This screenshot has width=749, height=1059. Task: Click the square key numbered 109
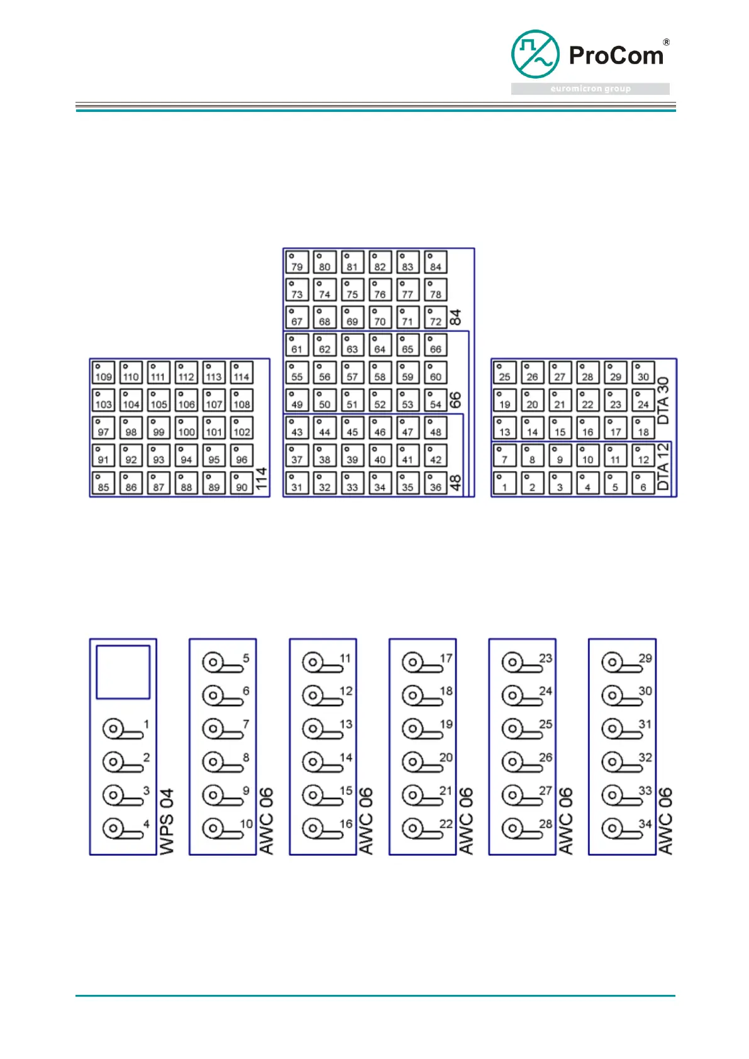pyautogui.click(x=103, y=372)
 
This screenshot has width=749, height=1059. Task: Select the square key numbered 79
pyautogui.click(x=297, y=262)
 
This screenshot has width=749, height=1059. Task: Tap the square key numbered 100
pyautogui.click(x=186, y=428)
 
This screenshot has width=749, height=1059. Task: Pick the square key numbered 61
pyautogui.click(x=297, y=345)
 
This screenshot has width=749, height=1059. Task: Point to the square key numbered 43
pyautogui.click(x=297, y=428)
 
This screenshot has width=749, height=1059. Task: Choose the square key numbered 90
pyautogui.click(x=241, y=483)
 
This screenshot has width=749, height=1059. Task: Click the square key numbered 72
pyautogui.click(x=435, y=317)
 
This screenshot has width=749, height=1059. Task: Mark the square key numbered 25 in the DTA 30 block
pyautogui.click(x=504, y=372)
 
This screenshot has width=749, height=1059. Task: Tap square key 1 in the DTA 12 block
pyautogui.click(x=504, y=483)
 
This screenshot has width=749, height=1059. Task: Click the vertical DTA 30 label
pyautogui.click(x=663, y=400)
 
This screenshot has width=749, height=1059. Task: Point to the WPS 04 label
pyautogui.click(x=167, y=821)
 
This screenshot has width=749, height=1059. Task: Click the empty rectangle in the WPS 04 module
pyautogui.click(x=123, y=672)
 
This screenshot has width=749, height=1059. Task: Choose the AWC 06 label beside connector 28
pyautogui.click(x=566, y=821)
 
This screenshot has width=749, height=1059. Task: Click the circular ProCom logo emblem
pyautogui.click(x=535, y=53)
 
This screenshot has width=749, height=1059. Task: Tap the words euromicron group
pyautogui.click(x=590, y=89)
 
